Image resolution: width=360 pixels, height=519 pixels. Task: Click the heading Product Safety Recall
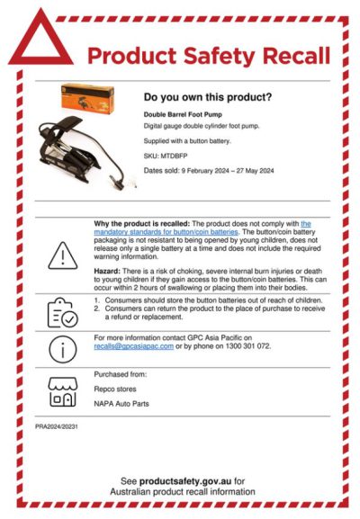[x=208, y=56]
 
